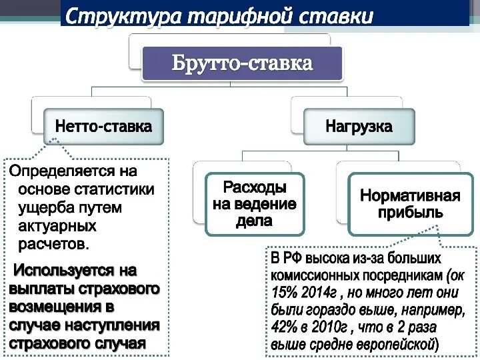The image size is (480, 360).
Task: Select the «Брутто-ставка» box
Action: click(x=242, y=64)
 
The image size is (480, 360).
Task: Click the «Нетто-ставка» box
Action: click(x=103, y=126)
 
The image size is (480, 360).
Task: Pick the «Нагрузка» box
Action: click(x=359, y=126)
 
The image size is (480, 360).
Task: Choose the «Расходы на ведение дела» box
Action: click(x=255, y=203)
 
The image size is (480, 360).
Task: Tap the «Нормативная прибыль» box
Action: click(x=410, y=204)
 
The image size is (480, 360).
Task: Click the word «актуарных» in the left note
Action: click(x=57, y=226)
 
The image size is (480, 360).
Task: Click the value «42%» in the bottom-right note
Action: click(x=285, y=327)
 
